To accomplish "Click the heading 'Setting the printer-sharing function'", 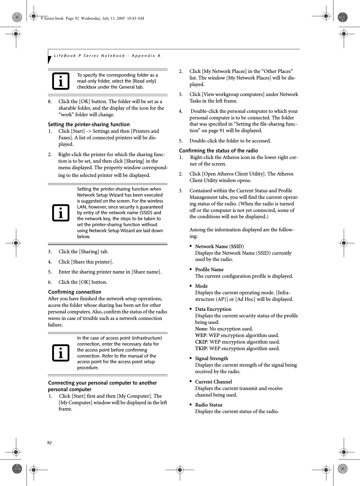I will click(89, 124).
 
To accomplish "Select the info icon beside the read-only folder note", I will click(61, 81).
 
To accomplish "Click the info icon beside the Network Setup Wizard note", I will click(61, 213).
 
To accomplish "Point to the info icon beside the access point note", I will click(61, 353).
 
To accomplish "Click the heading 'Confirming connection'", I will click(75, 292).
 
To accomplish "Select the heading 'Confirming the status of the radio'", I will click(218, 151).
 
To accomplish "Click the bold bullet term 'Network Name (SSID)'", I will click(219, 246).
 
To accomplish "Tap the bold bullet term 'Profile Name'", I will click(209, 269).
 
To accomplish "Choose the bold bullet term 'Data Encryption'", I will click(213, 309).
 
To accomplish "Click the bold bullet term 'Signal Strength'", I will click(211, 358).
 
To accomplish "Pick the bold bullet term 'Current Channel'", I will click(213, 382).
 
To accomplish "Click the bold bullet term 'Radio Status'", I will click(209, 405).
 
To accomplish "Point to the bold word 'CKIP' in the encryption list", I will click(201, 342).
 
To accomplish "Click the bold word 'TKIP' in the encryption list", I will click(201, 348).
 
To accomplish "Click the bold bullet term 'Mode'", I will click(201, 286).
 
